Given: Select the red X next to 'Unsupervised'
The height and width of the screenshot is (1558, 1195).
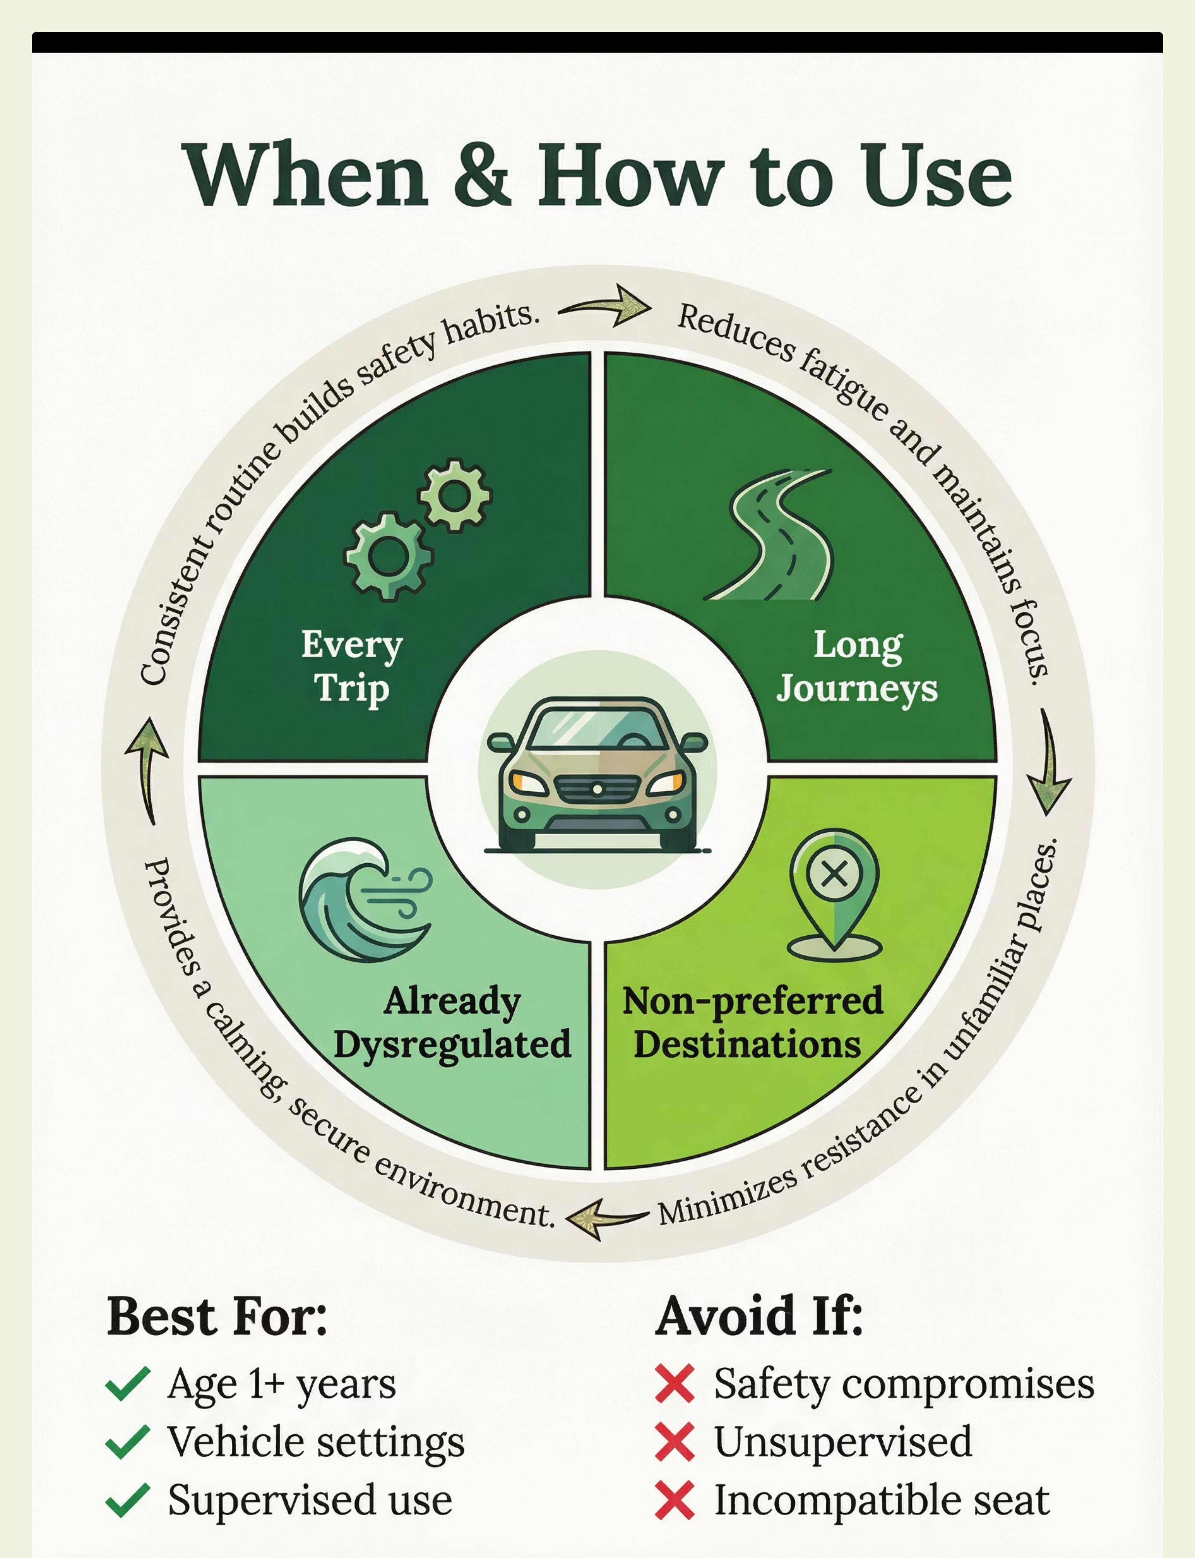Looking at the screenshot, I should click(674, 1442).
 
